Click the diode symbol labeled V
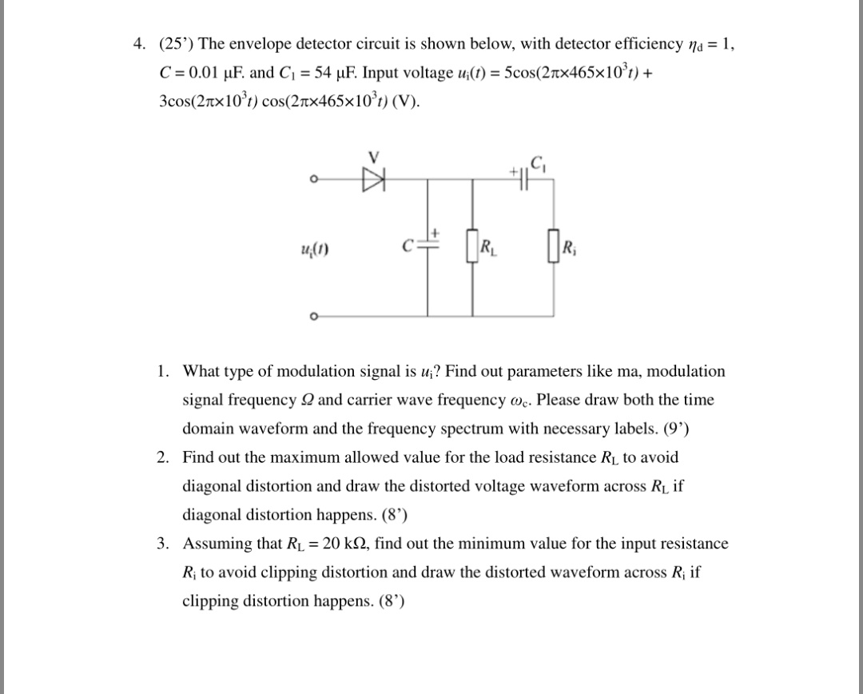tap(372, 178)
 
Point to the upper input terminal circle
tap(315, 179)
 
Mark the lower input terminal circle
tap(315, 317)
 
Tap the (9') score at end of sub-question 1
tap(676, 429)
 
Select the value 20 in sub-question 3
tap(324, 544)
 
